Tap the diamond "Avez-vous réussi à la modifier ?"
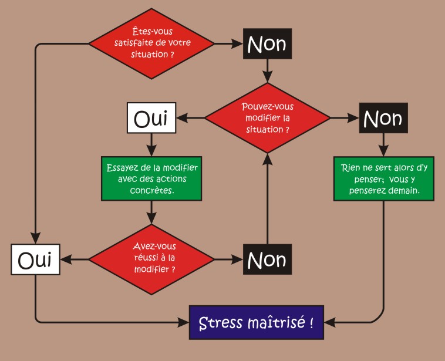[x=152, y=258]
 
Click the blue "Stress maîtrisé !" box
[x=256, y=322]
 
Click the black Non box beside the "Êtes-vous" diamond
[x=268, y=43]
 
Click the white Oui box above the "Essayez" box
[x=151, y=119]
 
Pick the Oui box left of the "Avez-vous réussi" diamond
[x=36, y=259]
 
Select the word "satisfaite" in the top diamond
[x=136, y=43]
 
